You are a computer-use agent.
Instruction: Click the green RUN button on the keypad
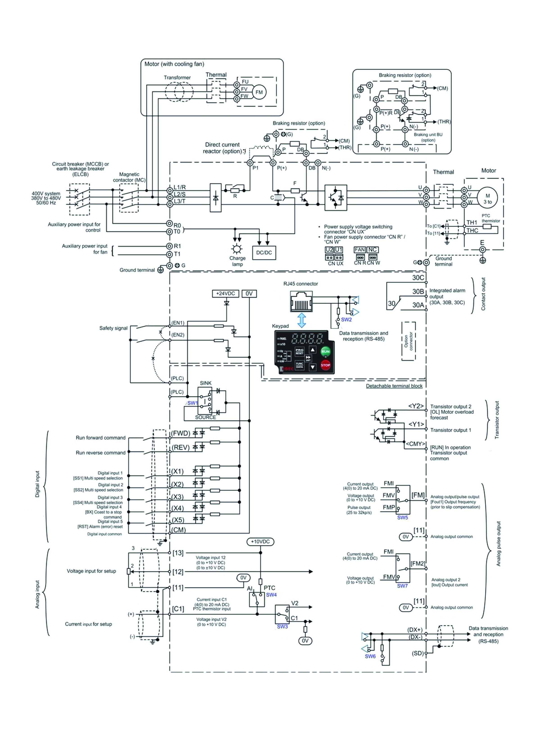pyautogui.click(x=325, y=351)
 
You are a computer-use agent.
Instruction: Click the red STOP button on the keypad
pyautogui.click(x=325, y=365)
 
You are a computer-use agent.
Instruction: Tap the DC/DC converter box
pyautogui.click(x=264, y=252)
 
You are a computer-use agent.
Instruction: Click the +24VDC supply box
pyautogui.click(x=226, y=293)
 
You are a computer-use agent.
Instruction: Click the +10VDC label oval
pyautogui.click(x=260, y=541)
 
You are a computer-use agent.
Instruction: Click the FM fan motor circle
pyautogui.click(x=259, y=92)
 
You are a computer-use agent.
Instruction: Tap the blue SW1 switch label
pyautogui.click(x=192, y=403)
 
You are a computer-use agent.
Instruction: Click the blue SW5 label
pyautogui.click(x=402, y=517)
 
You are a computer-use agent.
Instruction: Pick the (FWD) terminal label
pyautogui.click(x=180, y=433)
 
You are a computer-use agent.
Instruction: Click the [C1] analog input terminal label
pyautogui.click(x=178, y=609)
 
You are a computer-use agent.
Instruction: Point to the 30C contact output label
pyautogui.click(x=418, y=277)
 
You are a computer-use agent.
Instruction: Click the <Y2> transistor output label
pyautogui.click(x=416, y=406)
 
